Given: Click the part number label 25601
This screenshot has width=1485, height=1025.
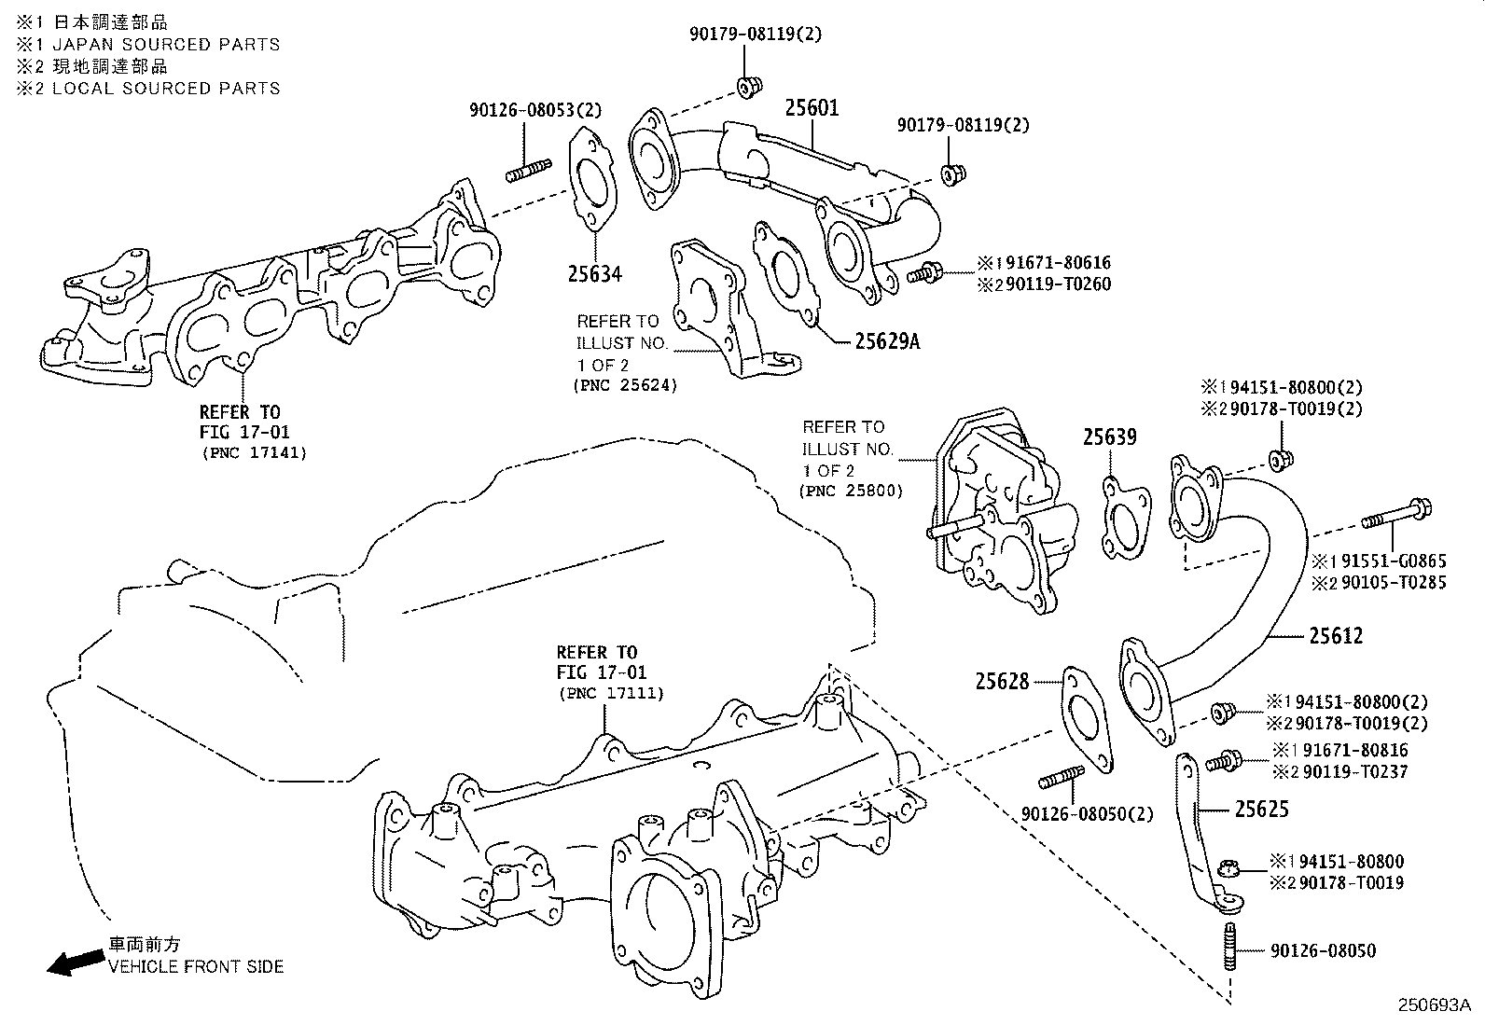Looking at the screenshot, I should point(811,107).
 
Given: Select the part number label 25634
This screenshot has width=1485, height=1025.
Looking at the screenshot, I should point(594,273).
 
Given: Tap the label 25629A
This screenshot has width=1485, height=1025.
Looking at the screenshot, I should point(886,341).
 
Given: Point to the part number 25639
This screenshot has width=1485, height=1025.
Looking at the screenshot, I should point(1109,436).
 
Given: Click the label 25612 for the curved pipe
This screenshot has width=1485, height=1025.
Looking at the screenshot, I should point(1336,636).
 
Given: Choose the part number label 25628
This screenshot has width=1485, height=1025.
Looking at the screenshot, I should point(1003,682).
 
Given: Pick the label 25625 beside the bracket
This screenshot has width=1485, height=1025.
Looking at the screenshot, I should point(1262,809).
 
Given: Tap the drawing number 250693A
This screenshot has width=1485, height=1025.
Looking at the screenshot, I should point(1433,1005).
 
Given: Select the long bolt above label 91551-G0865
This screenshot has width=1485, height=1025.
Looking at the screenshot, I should point(1395,514).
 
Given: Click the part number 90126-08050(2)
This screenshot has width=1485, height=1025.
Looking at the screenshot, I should point(1087,814).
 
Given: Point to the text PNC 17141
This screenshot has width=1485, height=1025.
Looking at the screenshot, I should point(254,453).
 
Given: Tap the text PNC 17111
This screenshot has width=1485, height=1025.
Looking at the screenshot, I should point(611,693).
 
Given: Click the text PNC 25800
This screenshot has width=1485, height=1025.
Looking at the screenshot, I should point(851,491).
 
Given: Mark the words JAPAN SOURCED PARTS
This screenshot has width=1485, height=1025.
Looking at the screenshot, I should point(165,44).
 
